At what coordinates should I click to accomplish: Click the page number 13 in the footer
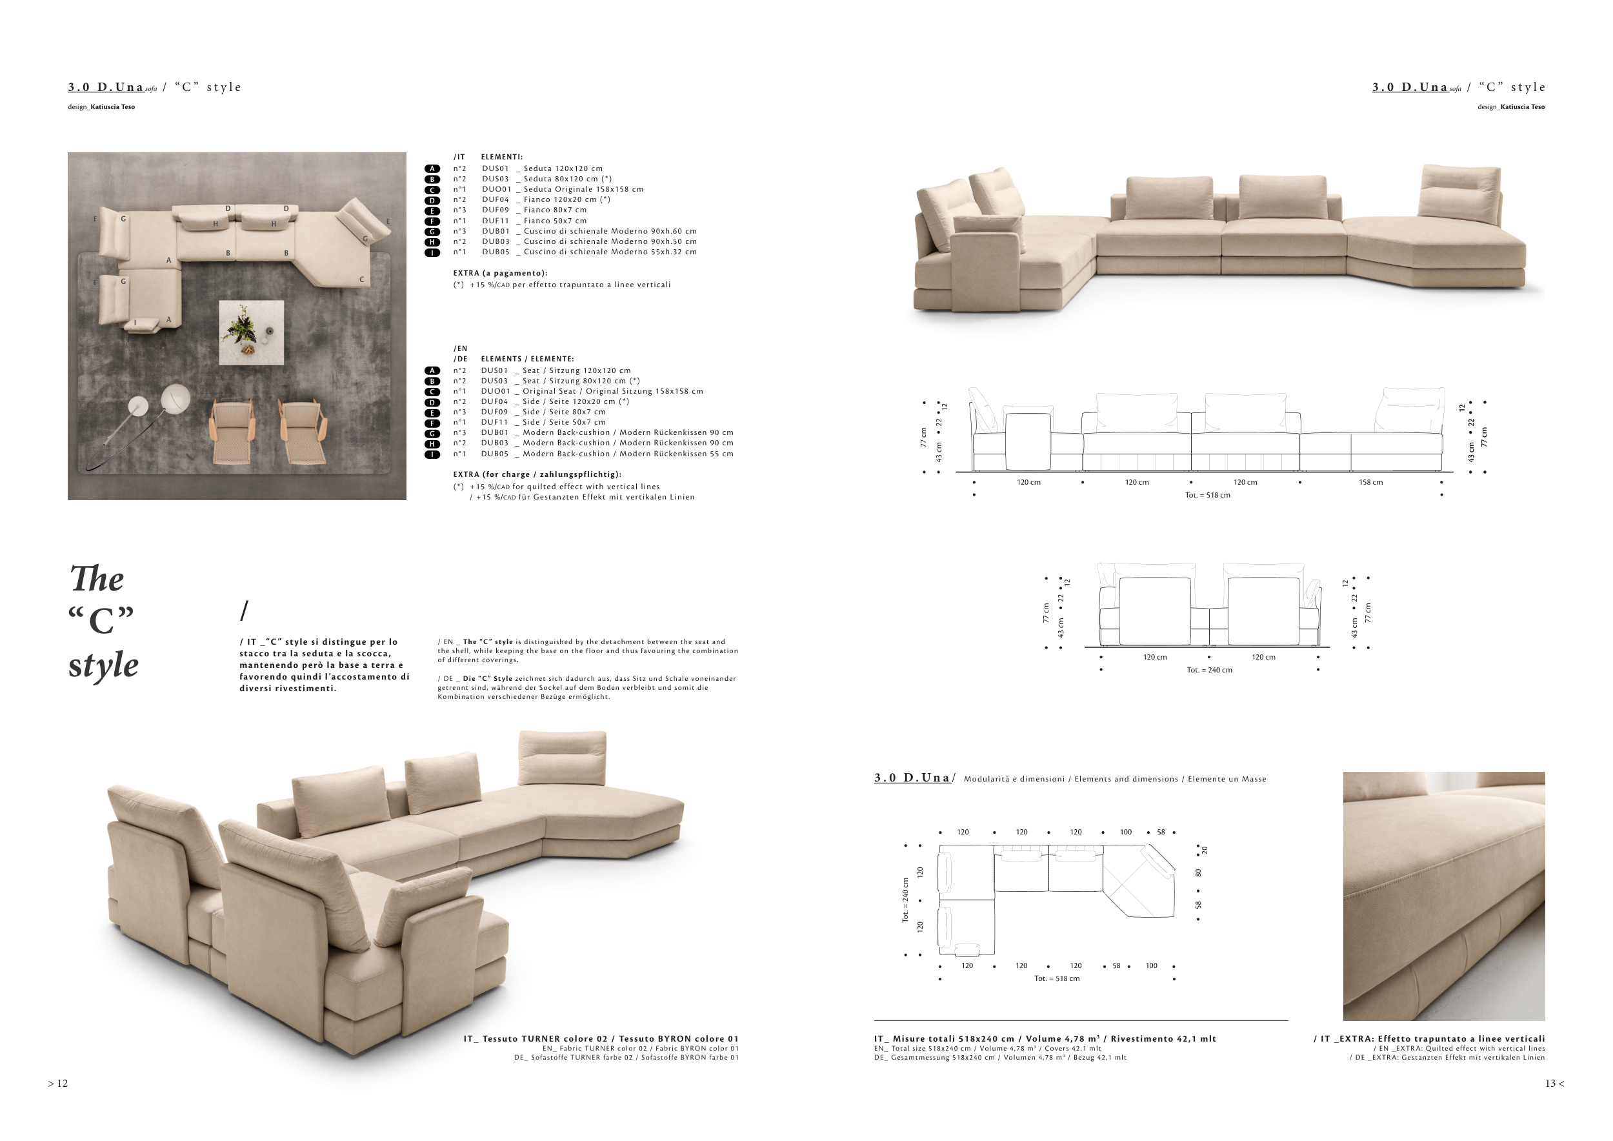1550,1084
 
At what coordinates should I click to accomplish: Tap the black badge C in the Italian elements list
433,190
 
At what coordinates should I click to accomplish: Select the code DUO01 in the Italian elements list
496,189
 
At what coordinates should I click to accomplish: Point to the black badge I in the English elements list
433,454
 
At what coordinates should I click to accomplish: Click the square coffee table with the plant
252,332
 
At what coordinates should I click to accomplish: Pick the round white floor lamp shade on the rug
175,398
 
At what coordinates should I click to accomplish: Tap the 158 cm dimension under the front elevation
1370,483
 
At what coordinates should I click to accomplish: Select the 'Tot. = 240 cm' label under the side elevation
1209,671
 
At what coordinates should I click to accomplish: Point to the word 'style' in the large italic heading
103,665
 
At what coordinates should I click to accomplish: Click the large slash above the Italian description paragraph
244,611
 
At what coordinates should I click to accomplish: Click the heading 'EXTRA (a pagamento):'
499,273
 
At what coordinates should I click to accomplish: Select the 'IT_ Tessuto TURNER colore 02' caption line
536,1038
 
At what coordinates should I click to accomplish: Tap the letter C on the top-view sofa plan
362,279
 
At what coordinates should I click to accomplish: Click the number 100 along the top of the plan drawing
1125,832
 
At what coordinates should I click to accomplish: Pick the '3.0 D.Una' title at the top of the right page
1409,87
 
